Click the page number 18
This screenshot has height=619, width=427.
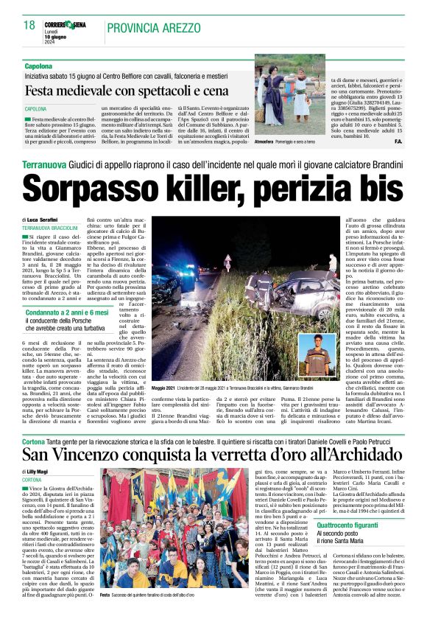pos(29,25)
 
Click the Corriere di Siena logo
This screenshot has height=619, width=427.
pos(68,24)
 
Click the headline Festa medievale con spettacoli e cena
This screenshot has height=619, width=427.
pos(135,91)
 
